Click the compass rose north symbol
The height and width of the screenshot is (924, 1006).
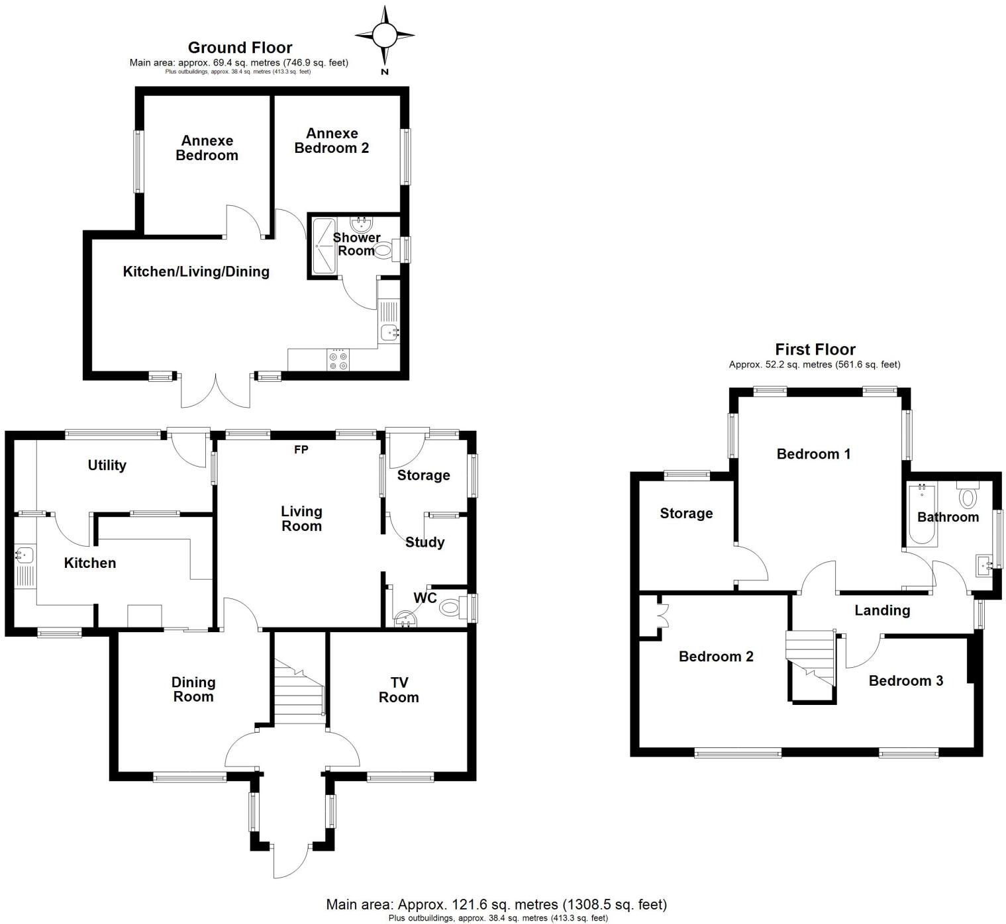385,35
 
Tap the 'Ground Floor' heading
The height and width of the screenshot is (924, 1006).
240,48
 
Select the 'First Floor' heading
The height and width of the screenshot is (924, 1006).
815,349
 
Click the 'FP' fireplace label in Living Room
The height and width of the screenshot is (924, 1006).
301,450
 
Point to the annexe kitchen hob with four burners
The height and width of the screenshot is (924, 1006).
339,360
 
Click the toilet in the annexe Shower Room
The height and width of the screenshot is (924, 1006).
384,250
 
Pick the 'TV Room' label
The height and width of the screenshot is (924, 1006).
399,690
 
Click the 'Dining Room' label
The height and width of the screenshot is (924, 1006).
193,689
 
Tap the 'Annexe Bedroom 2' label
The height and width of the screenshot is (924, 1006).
331,141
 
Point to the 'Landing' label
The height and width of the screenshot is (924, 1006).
881,610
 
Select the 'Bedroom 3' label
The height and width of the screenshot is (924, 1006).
905,680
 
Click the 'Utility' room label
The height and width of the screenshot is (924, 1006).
107,465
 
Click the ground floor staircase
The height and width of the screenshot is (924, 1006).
298,695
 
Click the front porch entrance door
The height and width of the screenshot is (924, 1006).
290,861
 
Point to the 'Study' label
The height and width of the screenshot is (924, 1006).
425,542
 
